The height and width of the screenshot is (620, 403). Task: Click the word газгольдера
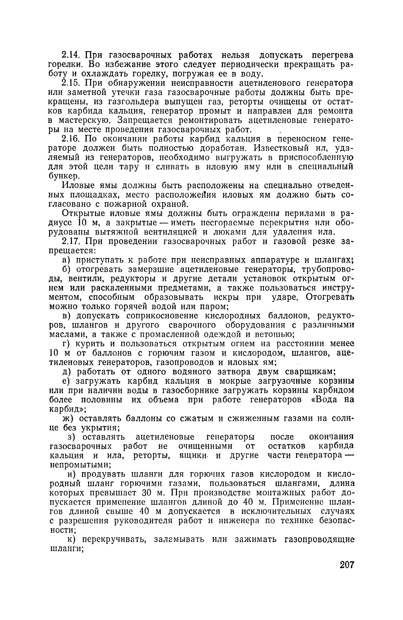coord(135,102)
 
